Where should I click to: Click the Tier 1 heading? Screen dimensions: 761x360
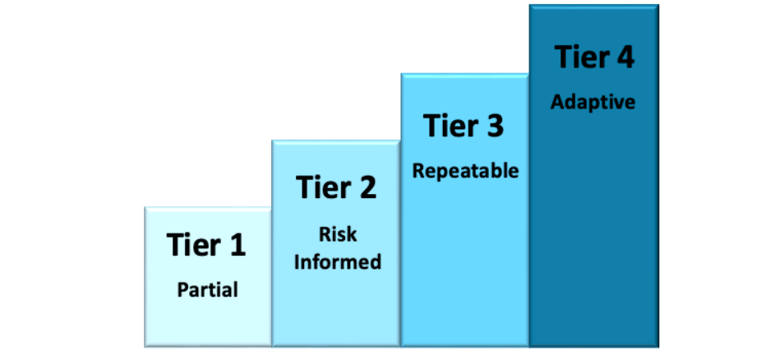(x=206, y=244)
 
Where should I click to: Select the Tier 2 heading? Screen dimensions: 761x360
(x=336, y=187)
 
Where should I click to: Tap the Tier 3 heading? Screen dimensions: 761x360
(x=464, y=125)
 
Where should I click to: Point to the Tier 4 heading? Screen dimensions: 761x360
(x=594, y=57)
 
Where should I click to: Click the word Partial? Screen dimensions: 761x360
(x=208, y=290)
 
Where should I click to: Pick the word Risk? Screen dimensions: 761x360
(x=338, y=234)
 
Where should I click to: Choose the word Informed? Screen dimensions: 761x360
(x=338, y=262)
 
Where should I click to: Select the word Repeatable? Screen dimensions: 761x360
(x=465, y=171)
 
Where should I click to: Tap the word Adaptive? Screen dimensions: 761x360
(x=593, y=103)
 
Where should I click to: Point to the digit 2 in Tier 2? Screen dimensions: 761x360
(x=367, y=187)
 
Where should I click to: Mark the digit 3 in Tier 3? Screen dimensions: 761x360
(x=495, y=125)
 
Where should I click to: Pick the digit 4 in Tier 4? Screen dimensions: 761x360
(x=624, y=57)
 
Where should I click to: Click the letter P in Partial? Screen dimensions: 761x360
(x=182, y=289)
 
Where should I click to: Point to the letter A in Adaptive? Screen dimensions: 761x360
(x=557, y=102)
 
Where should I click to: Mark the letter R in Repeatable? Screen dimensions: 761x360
(x=417, y=170)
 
